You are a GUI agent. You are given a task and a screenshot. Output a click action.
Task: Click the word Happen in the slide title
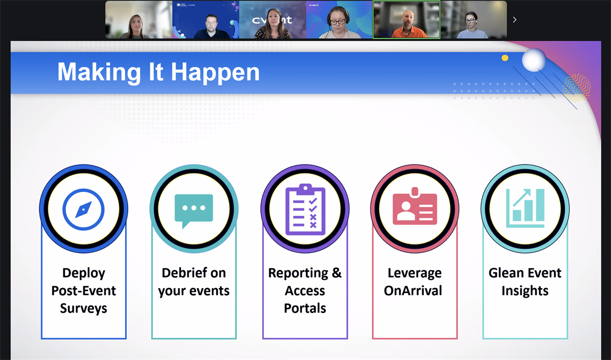(x=215, y=73)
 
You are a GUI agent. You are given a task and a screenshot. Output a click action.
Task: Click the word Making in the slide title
(x=99, y=73)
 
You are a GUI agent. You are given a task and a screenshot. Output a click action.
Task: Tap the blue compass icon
(x=84, y=209)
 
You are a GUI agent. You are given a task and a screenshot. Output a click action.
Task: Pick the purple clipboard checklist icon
(x=305, y=209)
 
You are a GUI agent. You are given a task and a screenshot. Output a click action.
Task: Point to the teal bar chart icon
(x=525, y=208)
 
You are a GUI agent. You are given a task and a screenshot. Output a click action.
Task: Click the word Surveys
(x=84, y=309)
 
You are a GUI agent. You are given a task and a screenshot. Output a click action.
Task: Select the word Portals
(x=305, y=308)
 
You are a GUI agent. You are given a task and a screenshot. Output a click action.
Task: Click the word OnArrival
(x=413, y=290)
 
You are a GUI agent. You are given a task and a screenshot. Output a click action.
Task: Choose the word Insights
(x=525, y=291)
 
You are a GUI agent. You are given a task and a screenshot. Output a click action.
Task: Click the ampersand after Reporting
(x=337, y=273)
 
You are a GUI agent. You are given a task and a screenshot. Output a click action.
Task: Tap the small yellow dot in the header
(x=505, y=58)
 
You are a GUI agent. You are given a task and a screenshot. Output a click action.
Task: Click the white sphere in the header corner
(x=534, y=60)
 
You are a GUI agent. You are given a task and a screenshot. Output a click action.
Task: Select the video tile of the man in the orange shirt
(x=406, y=20)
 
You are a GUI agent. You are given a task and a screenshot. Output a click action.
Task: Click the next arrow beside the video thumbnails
(x=514, y=20)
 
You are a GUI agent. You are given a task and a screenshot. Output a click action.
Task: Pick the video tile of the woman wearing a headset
(x=339, y=20)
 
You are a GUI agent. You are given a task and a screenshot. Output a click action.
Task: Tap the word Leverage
(x=414, y=273)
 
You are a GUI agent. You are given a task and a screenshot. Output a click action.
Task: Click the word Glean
(x=502, y=273)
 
